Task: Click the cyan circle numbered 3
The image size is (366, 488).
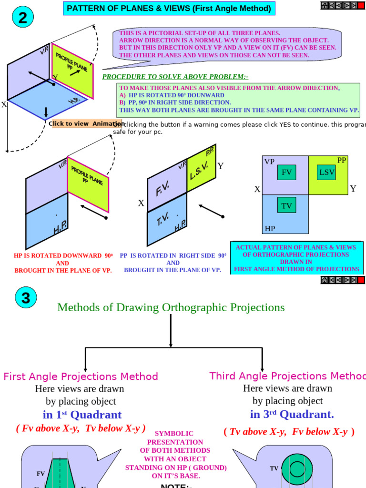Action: point(26,298)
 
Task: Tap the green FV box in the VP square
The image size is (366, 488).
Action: point(286,173)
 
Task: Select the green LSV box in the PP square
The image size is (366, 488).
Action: point(326,173)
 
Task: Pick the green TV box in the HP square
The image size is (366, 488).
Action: point(286,206)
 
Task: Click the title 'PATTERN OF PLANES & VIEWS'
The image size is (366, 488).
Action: point(169,9)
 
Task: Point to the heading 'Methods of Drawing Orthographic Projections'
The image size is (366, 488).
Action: point(171,307)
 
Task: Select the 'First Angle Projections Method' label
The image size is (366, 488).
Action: point(81,376)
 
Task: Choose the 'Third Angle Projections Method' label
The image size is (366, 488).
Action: point(287,376)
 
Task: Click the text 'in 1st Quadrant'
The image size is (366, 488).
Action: point(82,415)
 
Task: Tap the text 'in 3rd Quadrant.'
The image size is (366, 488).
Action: point(292,414)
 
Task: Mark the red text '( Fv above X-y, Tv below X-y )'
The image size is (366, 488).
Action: point(81,428)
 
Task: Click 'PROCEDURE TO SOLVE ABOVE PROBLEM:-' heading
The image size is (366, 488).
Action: point(175,77)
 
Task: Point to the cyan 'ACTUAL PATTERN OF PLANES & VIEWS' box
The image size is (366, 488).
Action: point(296,258)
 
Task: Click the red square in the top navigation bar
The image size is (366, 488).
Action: point(361,5)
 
